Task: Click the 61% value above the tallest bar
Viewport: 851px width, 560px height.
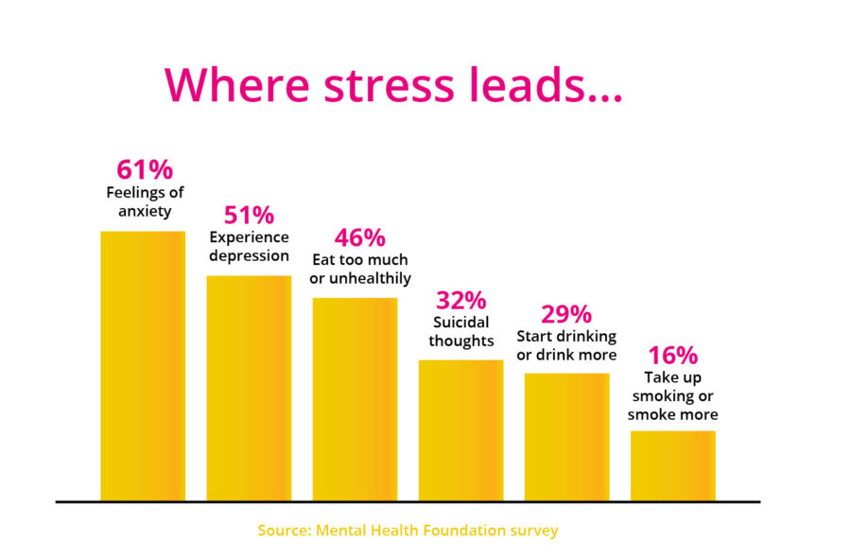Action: [x=145, y=170]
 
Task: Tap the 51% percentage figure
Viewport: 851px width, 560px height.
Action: [x=249, y=216]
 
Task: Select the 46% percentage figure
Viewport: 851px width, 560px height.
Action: [x=360, y=236]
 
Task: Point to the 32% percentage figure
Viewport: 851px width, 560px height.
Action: [x=460, y=301]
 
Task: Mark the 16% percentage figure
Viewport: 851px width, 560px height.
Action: [x=672, y=356]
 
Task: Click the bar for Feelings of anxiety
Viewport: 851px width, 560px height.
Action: [x=143, y=365]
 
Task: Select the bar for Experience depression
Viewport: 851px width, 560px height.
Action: [x=249, y=388]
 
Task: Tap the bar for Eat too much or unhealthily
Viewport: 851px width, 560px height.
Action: [x=355, y=398]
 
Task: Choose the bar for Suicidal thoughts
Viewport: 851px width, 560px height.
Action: [x=460, y=429]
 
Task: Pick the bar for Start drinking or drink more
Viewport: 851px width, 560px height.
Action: [x=566, y=436]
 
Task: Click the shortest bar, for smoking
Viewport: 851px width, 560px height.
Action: [x=672, y=464]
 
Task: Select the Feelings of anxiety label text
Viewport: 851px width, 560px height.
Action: [x=144, y=202]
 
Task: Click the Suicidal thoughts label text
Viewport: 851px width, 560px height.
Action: [x=461, y=332]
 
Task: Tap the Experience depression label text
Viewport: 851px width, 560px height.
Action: [x=249, y=247]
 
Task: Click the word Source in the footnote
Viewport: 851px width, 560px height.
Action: [x=282, y=531]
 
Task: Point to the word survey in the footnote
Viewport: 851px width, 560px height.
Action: [x=532, y=531]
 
